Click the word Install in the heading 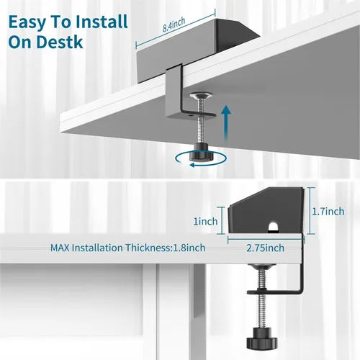coord(102,22)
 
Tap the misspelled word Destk coord(60,42)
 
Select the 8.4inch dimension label coord(174,24)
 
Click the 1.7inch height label coord(328,212)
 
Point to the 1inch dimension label coord(205,221)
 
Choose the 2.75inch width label coord(265,248)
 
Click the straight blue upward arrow coord(226,123)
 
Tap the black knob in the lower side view coord(262,339)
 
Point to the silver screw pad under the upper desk coord(201,96)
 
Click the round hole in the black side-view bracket coord(273,227)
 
